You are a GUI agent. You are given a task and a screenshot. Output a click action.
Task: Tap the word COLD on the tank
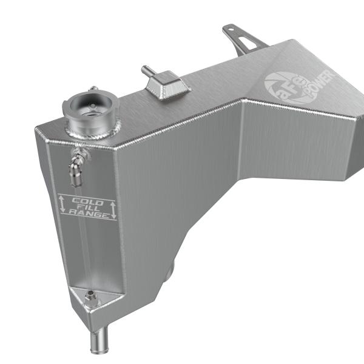click(x=88, y=201)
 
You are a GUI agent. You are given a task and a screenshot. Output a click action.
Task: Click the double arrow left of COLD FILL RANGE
click(x=62, y=204)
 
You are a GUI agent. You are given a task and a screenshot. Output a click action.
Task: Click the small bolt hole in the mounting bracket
click(x=231, y=29)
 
